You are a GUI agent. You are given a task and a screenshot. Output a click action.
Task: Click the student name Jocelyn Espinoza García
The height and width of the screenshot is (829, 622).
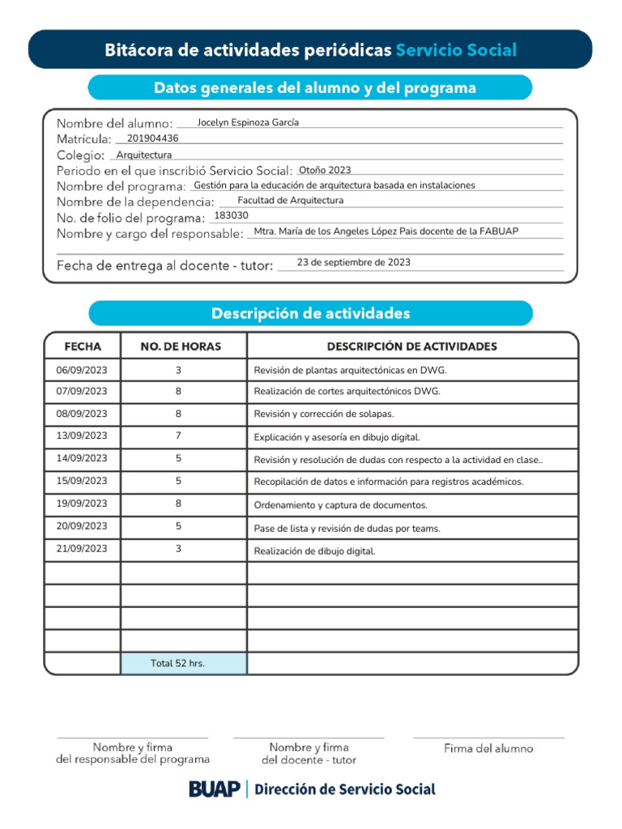pos(248,122)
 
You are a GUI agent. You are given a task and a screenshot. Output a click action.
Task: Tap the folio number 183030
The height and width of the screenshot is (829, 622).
pos(231,215)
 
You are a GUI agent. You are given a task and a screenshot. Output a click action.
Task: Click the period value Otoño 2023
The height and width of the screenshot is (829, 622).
pos(325,170)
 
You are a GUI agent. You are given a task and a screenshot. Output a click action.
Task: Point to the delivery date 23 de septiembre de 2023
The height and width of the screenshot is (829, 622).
pos(353,262)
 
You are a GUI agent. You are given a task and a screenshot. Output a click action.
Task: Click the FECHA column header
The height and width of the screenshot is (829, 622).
pos(83,346)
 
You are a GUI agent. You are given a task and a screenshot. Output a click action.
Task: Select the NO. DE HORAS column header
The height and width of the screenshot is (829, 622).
pos(181,346)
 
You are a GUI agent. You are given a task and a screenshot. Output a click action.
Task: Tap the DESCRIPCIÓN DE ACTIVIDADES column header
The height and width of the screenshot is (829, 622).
pos(411,346)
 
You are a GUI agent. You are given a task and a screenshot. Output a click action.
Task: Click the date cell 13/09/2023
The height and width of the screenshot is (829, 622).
pos(81,436)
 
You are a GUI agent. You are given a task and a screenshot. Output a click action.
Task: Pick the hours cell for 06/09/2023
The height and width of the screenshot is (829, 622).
pos(178,370)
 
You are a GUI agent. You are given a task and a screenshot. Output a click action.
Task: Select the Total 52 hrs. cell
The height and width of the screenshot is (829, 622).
pos(177,663)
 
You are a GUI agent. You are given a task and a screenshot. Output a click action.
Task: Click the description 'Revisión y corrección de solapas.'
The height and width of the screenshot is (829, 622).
pos(324,414)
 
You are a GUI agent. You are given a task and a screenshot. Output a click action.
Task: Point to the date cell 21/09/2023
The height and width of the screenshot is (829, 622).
pos(81,548)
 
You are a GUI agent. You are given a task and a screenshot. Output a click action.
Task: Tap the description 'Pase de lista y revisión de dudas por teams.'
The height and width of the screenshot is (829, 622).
pos(347,529)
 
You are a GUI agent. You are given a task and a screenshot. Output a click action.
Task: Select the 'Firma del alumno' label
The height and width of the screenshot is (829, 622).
pos(488,749)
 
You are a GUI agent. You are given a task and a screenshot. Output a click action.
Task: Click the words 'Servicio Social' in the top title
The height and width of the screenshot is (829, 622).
pos(456,50)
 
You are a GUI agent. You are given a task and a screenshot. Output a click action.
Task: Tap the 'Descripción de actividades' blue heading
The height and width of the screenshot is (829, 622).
pos(310,313)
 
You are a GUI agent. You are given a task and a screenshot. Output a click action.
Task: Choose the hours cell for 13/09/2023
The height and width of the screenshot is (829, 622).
pos(178,436)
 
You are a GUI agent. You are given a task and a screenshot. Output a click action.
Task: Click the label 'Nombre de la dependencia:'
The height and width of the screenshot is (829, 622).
pos(135,202)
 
